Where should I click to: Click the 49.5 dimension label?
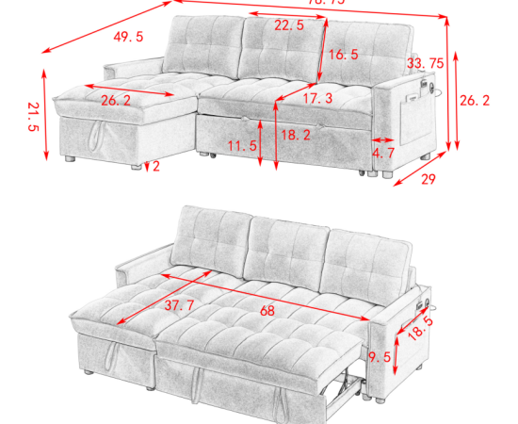(x=128, y=37)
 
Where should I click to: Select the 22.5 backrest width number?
(x=288, y=26)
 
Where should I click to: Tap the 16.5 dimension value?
(x=343, y=55)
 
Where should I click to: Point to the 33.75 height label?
(x=425, y=63)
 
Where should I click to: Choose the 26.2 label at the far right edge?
(x=487, y=98)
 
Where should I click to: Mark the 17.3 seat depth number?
(x=317, y=98)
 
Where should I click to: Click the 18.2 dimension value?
(x=296, y=135)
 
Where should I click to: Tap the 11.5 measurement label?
(x=242, y=146)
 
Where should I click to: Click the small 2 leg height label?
(x=155, y=166)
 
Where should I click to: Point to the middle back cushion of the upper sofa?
(x=280, y=47)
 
